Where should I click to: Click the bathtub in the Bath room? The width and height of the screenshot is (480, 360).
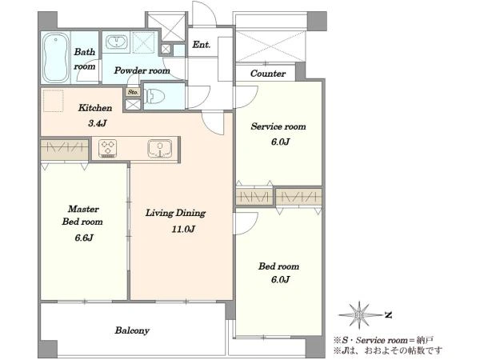click(x=55, y=58)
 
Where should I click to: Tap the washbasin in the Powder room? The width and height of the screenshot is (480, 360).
click(x=117, y=42)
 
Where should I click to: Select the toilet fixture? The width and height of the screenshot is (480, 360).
click(x=154, y=97)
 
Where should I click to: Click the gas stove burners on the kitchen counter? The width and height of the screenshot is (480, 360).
click(x=107, y=149)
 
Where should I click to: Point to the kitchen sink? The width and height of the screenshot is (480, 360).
click(x=159, y=149)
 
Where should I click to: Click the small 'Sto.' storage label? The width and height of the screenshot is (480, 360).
click(x=133, y=92)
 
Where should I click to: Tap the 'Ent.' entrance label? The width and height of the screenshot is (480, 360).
click(x=202, y=45)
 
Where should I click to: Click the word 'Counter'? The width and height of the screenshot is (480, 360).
click(x=268, y=74)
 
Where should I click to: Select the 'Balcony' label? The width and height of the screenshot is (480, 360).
click(x=132, y=330)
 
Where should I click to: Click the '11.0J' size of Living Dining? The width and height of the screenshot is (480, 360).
click(x=183, y=229)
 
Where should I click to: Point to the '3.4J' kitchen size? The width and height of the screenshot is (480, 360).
click(x=98, y=123)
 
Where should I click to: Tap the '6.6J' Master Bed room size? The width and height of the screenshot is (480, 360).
click(x=84, y=238)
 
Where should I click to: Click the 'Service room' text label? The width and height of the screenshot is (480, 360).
click(x=278, y=126)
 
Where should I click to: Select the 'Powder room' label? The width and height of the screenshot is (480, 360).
click(x=142, y=70)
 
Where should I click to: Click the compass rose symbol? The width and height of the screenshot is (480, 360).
click(x=359, y=315)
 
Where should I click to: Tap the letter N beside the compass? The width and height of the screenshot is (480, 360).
click(x=389, y=314)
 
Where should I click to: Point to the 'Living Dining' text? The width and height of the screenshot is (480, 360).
click(x=175, y=213)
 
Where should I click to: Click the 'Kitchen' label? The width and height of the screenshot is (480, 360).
click(x=95, y=108)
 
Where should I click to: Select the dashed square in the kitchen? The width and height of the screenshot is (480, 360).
click(x=54, y=101)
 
